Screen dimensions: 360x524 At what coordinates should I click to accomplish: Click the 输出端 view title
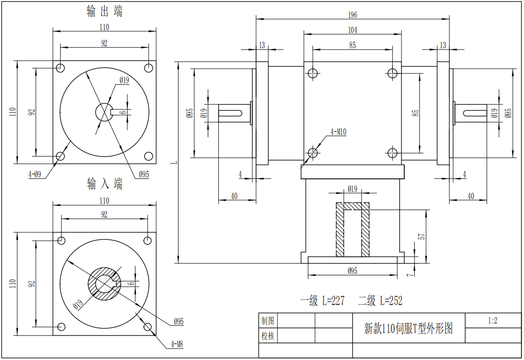pyautogui.click(x=105, y=11)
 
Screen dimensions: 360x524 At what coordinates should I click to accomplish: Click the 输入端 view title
pyautogui.click(x=105, y=184)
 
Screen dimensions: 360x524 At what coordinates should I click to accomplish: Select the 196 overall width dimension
pyautogui.click(x=352, y=15)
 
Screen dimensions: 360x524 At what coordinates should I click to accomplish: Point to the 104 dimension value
pyautogui.click(x=352, y=30)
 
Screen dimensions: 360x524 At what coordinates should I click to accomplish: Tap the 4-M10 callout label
pyautogui.click(x=338, y=132)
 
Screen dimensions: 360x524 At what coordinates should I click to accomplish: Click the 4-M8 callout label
pyautogui.click(x=177, y=344)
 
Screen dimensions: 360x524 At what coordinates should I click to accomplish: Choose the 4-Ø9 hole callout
pyautogui.click(x=35, y=174)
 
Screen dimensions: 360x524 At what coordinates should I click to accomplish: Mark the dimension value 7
pyautogui.click(x=410, y=273)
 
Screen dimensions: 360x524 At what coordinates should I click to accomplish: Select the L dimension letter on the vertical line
pyautogui.click(x=175, y=162)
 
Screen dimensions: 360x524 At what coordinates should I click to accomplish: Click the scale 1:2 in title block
pyautogui.click(x=493, y=320)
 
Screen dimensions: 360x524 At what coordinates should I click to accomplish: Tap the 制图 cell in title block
pyautogui.click(x=268, y=321)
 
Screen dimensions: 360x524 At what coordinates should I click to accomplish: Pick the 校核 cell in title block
pyautogui.click(x=268, y=336)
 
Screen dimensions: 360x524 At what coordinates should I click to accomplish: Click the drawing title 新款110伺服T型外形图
pyautogui.click(x=408, y=328)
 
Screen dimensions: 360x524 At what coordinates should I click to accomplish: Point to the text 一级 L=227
pyautogui.click(x=322, y=300)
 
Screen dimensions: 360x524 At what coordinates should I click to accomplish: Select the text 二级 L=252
pyautogui.click(x=380, y=300)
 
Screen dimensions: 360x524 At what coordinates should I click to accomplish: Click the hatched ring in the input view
pyautogui.click(x=91, y=284)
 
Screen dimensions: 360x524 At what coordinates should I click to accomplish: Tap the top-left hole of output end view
pyautogui.click(x=60, y=68)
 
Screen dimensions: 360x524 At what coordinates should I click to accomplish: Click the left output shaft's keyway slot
pyautogui.click(x=232, y=113)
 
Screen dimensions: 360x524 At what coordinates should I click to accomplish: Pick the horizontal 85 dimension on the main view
pyautogui.click(x=352, y=45)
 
